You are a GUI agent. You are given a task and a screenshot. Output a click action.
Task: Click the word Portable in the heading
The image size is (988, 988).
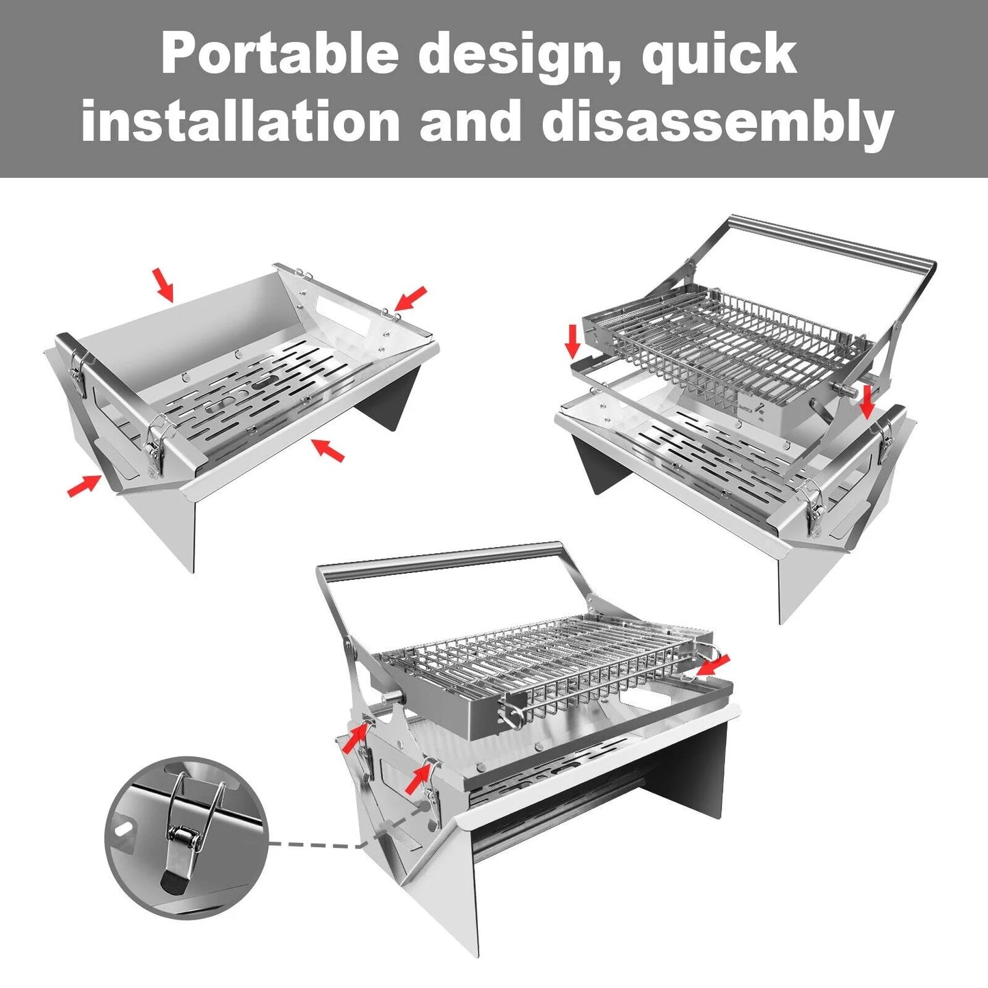tap(280, 54)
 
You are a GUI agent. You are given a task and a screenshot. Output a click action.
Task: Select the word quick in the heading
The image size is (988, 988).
tap(719, 58)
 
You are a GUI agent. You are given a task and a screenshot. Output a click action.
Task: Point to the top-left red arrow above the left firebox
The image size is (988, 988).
tap(163, 284)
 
